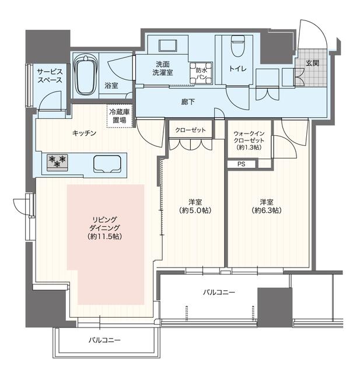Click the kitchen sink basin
coord(107,164)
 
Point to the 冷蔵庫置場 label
coord(119,116)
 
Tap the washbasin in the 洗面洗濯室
coord(168,46)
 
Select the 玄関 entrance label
coord(312,63)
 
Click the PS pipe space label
coord(242,164)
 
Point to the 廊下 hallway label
coord(188,102)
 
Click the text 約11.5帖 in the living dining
coord(105,237)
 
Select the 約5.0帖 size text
coord(195,210)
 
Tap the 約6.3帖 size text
coord(267,210)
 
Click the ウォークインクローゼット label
coord(249,137)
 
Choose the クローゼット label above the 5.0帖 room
coord(190,130)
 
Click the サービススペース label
coord(50,76)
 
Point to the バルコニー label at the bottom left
coord(105,340)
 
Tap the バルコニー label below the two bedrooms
coord(219,292)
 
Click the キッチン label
coord(84,133)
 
